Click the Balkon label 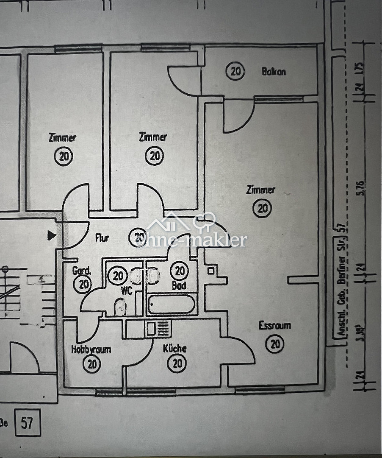pyautogui.click(x=274, y=72)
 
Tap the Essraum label pyautogui.click(x=275, y=325)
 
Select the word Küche pyautogui.click(x=175, y=348)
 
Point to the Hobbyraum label pyautogui.click(x=91, y=349)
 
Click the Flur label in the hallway pyautogui.click(x=102, y=238)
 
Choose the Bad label pyautogui.click(x=179, y=285)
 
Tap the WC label pyautogui.click(x=127, y=291)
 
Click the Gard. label pyautogui.click(x=81, y=271)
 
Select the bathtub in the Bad pyautogui.click(x=172, y=304)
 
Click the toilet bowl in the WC pyautogui.click(x=120, y=307)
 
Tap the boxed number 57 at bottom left pyautogui.click(x=28, y=422)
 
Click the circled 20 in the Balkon pyautogui.click(x=235, y=71)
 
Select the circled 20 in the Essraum pyautogui.click(x=275, y=343)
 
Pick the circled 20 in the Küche pyautogui.click(x=177, y=363)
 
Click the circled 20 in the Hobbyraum pyautogui.click(x=91, y=363)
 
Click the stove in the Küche pyautogui.click(x=158, y=329)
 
